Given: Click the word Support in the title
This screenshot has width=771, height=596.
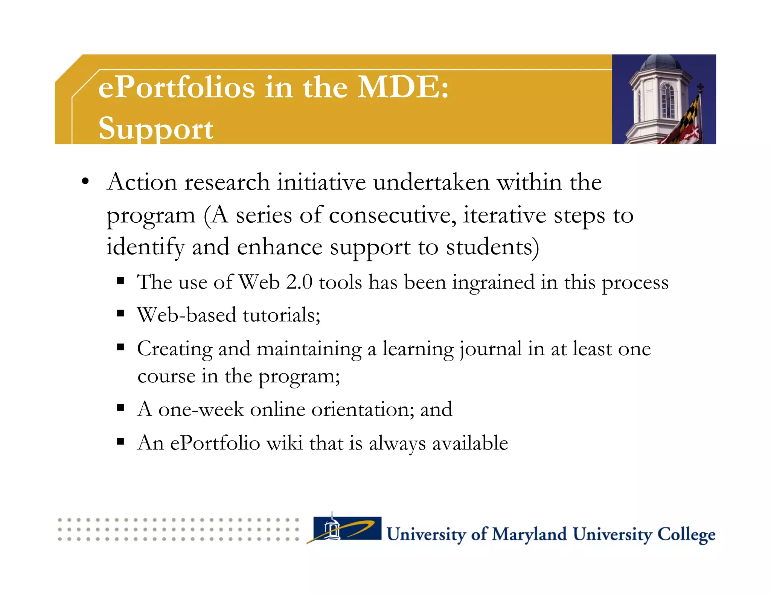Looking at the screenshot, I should click(155, 128).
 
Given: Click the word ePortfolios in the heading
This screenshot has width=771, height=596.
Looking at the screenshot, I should click(177, 87).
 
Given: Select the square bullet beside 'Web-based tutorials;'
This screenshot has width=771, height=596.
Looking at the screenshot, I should click(120, 313).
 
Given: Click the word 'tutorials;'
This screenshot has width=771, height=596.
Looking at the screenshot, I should click(281, 315).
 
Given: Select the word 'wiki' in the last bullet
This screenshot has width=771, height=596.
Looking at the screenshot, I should click(284, 443).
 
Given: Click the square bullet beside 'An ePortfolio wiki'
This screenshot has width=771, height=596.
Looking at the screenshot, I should click(120, 441).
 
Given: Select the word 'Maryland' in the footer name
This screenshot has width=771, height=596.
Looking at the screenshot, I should click(529, 534).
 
